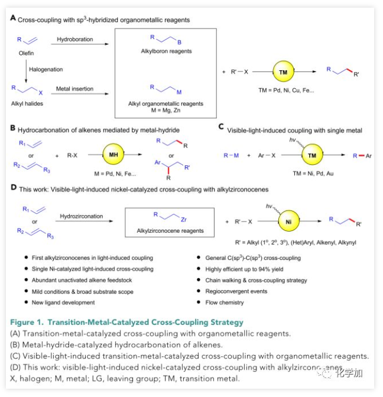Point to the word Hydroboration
click(x=75, y=40)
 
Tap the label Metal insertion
click(x=74, y=89)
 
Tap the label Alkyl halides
click(x=27, y=102)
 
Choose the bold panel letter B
click(x=14, y=127)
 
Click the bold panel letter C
click(x=221, y=126)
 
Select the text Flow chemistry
click(x=223, y=302)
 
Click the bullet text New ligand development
click(x=64, y=302)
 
